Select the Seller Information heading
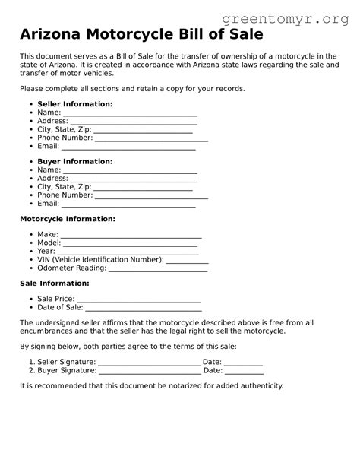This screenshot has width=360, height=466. pos(74,104)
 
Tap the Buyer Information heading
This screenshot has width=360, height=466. pos(74,162)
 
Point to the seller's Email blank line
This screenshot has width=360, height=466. pos(128,147)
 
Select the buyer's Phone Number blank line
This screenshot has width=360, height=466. pos(151,196)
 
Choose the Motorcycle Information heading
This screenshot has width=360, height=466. pos(67,219)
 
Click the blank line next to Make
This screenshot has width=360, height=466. pos(131,236)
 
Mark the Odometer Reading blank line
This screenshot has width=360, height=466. pos(158,269)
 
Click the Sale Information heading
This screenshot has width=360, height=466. pos(54,284)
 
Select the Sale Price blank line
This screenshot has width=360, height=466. pos(138,301)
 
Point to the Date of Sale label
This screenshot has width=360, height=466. pos(60,308)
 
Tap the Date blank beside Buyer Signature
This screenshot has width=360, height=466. pos(244,372)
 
